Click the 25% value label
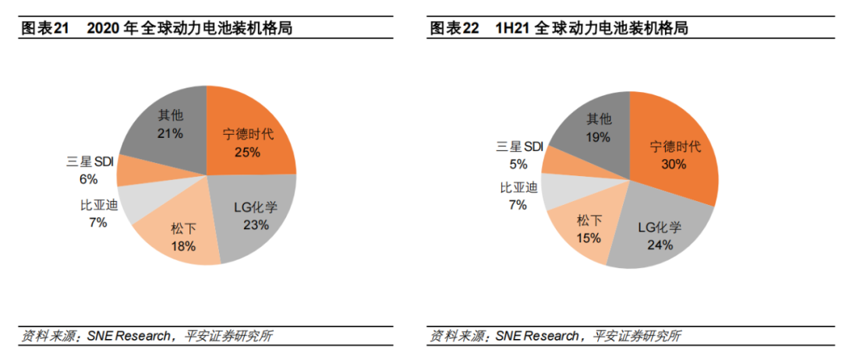tap(247, 152)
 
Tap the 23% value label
tap(256, 225)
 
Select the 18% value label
tap(183, 245)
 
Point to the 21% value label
tap(170, 133)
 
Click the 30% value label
tap(673, 164)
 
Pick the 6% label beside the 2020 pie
tap(87, 179)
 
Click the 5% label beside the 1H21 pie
tap(518, 164)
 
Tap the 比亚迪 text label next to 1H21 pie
tap(518, 187)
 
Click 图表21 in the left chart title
tap(44, 29)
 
